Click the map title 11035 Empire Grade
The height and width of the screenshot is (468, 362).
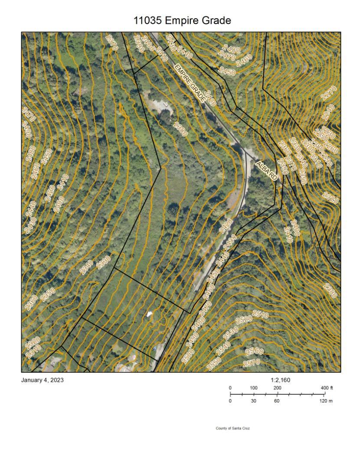click(182, 20)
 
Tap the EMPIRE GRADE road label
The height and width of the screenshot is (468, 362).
click(189, 83)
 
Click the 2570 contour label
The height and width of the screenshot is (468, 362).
click(252, 362)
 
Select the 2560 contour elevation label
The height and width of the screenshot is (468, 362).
click(254, 351)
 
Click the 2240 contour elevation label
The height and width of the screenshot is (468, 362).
click(328, 112)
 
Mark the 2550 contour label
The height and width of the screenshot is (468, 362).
click(214, 363)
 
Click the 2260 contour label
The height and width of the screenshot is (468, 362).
click(331, 148)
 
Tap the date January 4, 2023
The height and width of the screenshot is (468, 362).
click(42, 380)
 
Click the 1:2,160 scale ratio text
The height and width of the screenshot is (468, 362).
click(280, 380)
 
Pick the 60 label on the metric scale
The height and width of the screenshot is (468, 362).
click(277, 401)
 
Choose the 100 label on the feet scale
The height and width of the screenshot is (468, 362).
click(254, 387)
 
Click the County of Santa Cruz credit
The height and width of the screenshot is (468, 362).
click(232, 428)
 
